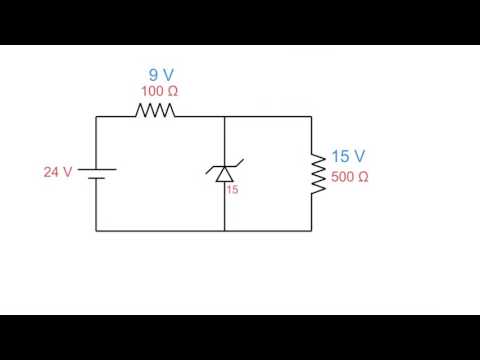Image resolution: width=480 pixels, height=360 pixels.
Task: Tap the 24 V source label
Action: [x=57, y=172]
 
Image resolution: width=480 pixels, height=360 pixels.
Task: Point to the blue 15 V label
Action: [x=347, y=157]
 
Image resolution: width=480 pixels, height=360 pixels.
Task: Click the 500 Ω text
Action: [x=349, y=177]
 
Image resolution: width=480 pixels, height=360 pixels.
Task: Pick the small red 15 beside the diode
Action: [x=233, y=188]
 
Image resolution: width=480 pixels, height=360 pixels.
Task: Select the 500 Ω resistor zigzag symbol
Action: [x=317, y=173]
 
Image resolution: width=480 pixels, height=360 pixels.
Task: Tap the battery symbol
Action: [x=96, y=174]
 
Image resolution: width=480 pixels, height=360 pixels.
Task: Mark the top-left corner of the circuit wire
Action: [x=96, y=116]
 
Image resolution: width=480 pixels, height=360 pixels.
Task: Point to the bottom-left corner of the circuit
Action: [x=96, y=230]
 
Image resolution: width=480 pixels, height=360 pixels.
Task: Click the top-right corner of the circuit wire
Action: [x=317, y=116]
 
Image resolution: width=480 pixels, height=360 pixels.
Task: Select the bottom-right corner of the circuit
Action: [x=317, y=230]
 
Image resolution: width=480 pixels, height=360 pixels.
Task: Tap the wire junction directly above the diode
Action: [x=223, y=116]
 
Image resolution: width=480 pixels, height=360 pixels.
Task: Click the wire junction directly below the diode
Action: [x=223, y=230]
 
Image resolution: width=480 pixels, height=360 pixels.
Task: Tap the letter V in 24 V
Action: [x=68, y=172]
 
